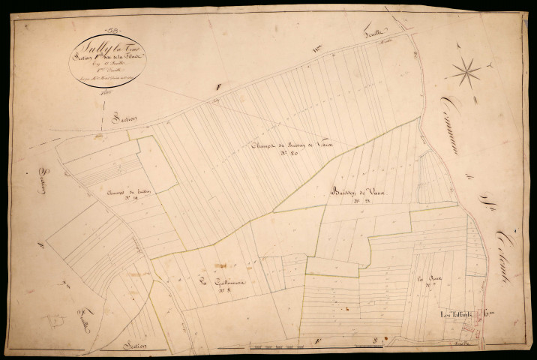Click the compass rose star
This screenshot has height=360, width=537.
pos(466,72)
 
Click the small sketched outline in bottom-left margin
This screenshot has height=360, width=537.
pos(54,320)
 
